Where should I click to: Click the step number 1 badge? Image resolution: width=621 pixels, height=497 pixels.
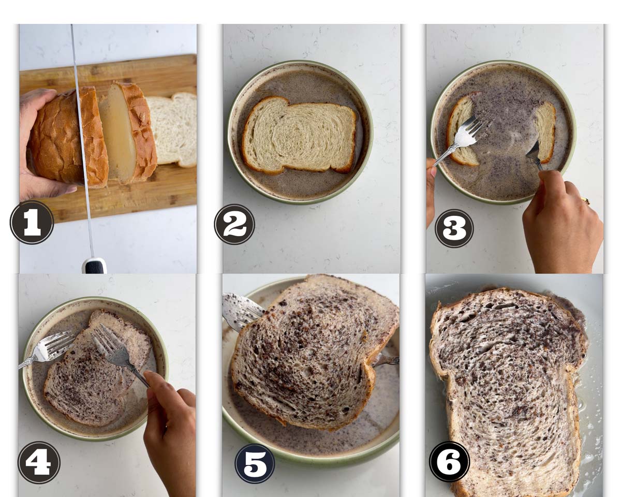32,222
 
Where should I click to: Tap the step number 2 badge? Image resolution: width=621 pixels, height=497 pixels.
234,224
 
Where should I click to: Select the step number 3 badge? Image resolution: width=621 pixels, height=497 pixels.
454,228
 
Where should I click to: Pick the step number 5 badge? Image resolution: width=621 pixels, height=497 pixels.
255,463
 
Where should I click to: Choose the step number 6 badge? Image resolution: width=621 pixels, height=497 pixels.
450,461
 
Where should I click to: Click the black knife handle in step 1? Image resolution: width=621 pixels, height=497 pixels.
94,266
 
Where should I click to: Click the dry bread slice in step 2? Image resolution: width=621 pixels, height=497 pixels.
299,135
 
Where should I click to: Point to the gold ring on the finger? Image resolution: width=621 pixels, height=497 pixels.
586,200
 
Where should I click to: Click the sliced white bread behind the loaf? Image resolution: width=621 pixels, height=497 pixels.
172,129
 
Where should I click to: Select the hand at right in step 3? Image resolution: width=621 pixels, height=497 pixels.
563,223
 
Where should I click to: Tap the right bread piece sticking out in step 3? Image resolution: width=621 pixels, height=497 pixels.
544,131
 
